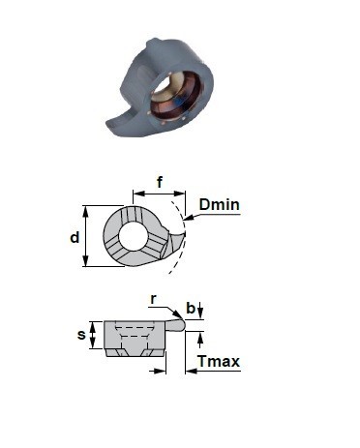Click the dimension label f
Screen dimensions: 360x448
(160, 182)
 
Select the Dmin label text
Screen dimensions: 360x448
(220, 205)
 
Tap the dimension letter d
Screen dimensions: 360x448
(75, 238)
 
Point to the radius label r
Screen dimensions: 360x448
(154, 299)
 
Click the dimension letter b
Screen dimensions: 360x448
(191, 308)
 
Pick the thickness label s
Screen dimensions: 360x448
(81, 335)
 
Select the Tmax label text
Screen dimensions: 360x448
(219, 361)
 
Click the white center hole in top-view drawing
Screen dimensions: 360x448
(134, 236)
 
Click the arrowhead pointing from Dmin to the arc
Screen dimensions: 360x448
(188, 218)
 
